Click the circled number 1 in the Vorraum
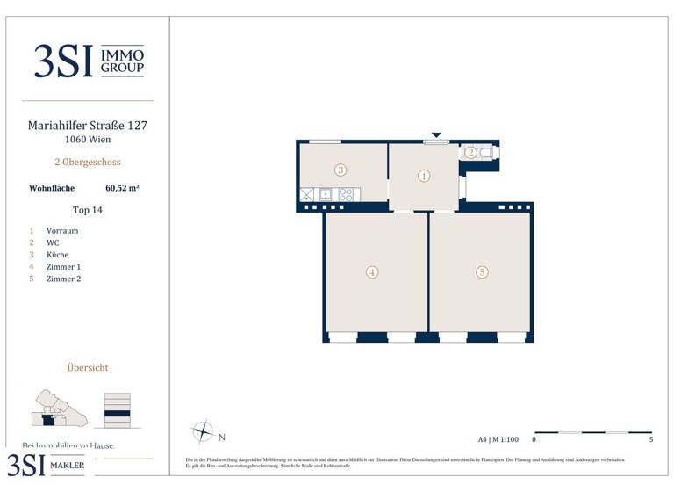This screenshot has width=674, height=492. click(x=424, y=176)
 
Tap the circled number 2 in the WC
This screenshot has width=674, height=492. click(x=471, y=152)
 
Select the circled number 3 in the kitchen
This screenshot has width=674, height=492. click(x=340, y=170)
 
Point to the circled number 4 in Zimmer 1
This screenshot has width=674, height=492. click(x=372, y=272)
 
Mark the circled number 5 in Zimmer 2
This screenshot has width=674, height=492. click(x=482, y=272)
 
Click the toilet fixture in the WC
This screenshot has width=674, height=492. click(x=488, y=152)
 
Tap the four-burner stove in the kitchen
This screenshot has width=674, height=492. click(x=346, y=195)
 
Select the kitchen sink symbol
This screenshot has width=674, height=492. click(x=326, y=195)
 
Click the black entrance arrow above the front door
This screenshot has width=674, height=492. click(x=436, y=135)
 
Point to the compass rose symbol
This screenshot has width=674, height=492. click(x=203, y=431)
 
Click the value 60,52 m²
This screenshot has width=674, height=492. click(x=123, y=187)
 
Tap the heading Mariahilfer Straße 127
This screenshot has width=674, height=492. click(x=88, y=126)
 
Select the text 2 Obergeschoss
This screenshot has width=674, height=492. click(x=88, y=163)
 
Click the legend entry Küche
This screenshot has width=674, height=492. click(x=58, y=255)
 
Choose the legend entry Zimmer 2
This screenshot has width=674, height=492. click(x=63, y=279)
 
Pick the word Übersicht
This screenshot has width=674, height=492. click(x=88, y=368)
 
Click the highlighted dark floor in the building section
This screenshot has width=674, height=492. click(x=117, y=413)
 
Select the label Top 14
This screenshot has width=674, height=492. click(x=88, y=210)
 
